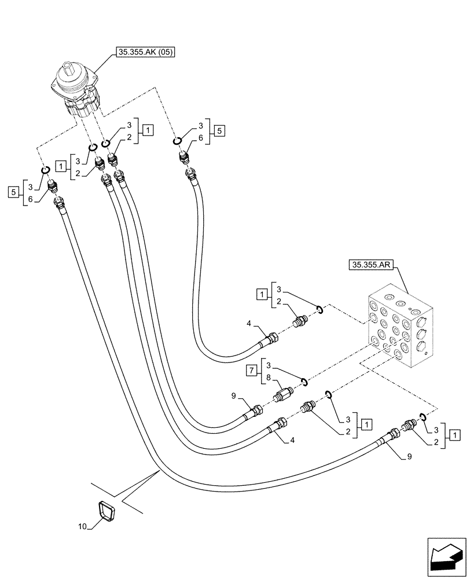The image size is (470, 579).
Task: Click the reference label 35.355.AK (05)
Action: coord(147,53)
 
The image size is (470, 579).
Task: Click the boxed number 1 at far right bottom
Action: coord(456,435)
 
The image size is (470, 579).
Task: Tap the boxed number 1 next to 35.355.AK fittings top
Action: coord(148,130)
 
